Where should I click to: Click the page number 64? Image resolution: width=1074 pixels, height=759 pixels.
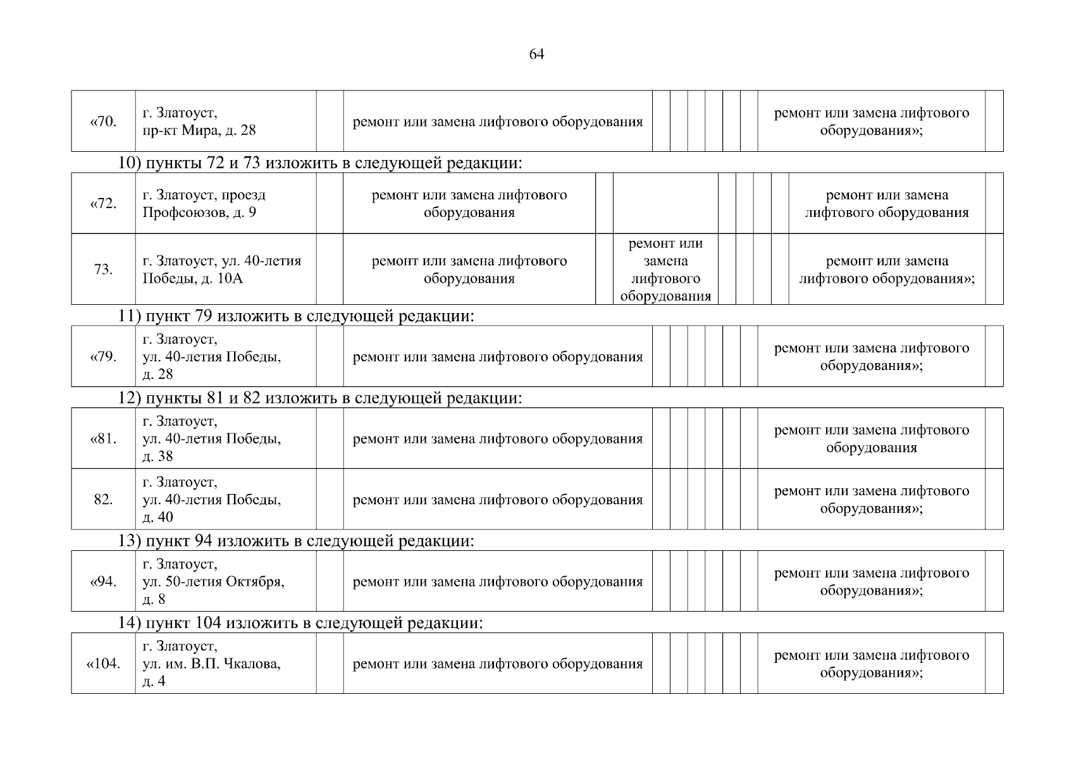pos(536,54)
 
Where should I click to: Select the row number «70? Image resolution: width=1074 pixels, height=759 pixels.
pos(104,121)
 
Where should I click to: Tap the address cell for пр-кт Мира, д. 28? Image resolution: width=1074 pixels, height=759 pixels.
pos(199,122)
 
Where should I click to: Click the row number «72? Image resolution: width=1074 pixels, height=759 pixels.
pos(104,204)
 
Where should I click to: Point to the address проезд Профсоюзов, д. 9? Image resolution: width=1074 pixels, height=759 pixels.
pos(204,204)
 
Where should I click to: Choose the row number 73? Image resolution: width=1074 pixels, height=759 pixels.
pos(103,269)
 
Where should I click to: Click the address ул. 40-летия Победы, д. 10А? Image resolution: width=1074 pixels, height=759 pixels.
pos(221,269)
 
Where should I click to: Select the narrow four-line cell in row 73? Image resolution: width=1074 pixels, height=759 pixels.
pos(665,270)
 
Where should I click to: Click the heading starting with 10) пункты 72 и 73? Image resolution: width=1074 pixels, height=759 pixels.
pos(321,164)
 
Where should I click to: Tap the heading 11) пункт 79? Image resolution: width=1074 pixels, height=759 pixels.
pos(296,316)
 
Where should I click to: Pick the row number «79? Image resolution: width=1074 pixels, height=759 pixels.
pos(104,357)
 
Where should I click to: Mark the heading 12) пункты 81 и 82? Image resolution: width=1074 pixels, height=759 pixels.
pos(321,398)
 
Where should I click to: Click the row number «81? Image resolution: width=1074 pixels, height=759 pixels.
pos(104,439)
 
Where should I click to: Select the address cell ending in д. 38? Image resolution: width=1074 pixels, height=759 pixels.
pos(212,438)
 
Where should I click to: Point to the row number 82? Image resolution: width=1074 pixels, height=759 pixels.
pos(103,500)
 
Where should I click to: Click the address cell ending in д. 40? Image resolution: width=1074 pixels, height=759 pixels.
pos(212,500)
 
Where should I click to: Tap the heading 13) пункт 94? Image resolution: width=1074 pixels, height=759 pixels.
pos(296,541)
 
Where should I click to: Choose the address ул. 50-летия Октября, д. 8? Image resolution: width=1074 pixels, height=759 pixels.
pos(213,581)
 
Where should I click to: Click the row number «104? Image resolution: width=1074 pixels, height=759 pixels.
pos(103,664)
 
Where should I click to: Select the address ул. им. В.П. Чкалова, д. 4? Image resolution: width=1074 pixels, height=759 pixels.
pos(212,664)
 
